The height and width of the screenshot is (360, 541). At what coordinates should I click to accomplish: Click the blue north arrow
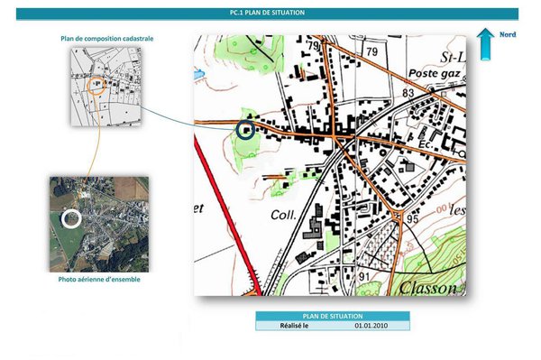click(x=485, y=42)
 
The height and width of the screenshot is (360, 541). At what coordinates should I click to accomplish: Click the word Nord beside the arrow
click(x=508, y=33)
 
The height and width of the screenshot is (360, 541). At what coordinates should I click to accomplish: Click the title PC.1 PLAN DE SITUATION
click(x=267, y=14)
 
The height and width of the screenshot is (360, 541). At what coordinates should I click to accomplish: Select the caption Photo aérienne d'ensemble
click(x=98, y=279)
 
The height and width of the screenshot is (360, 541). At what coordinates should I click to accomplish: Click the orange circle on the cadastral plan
click(x=98, y=83)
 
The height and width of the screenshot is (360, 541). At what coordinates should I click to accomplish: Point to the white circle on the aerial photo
click(x=71, y=217)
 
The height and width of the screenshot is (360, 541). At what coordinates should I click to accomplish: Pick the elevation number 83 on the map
click(x=408, y=93)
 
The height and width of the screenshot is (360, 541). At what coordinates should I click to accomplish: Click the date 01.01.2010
click(x=371, y=325)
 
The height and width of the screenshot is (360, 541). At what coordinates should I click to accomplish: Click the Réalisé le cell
click(x=294, y=325)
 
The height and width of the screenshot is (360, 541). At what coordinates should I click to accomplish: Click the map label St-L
click(x=450, y=55)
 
